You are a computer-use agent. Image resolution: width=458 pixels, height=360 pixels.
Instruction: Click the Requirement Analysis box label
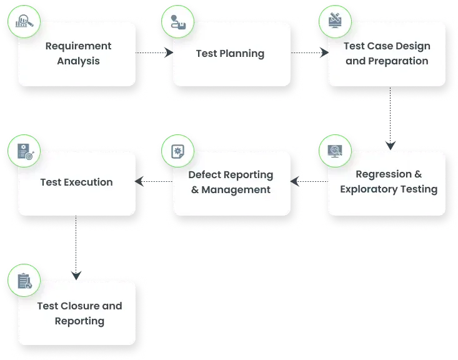pos(78,54)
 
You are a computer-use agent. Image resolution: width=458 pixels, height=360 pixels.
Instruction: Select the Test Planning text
pos(230,54)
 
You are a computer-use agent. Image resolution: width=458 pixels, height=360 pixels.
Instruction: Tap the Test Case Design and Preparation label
pos(387,54)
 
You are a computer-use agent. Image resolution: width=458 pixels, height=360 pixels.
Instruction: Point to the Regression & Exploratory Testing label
pos(389,181)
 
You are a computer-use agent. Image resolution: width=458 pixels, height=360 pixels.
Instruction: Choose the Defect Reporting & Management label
pos(231,182)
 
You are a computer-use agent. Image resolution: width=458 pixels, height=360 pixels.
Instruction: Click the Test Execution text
pos(76,182)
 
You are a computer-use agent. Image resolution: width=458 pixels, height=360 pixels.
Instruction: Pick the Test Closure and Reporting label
pos(79,314)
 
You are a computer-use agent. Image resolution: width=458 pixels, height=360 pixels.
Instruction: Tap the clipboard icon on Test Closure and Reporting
pos(24,282)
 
